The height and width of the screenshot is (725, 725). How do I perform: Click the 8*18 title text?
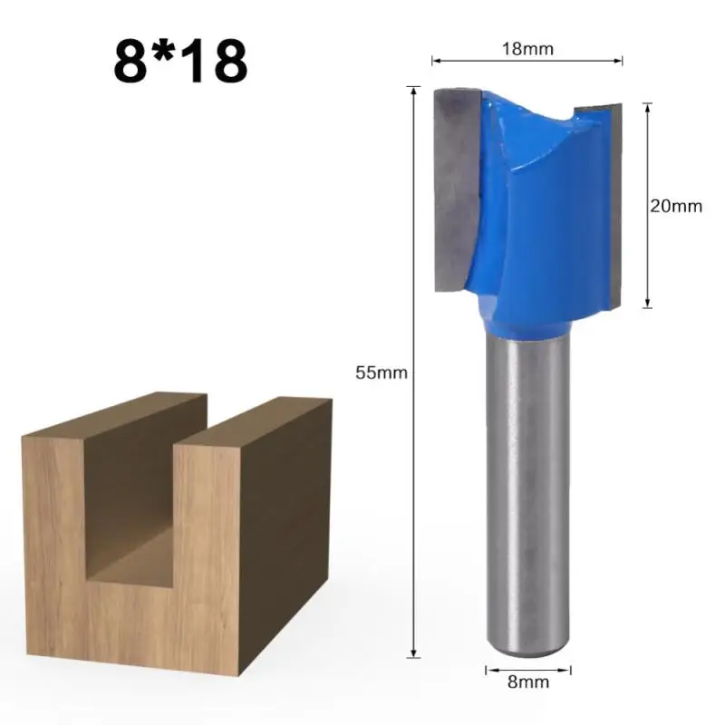tap(180, 61)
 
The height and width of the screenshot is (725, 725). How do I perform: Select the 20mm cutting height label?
tap(676, 206)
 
